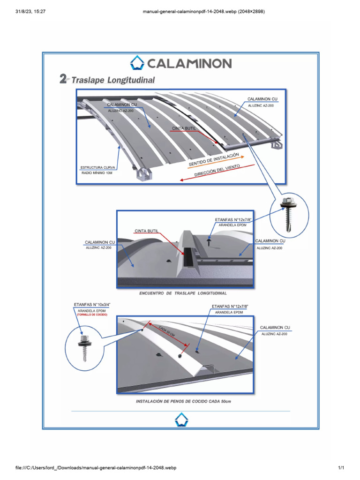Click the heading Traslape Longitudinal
pyautogui.click(x=112, y=80)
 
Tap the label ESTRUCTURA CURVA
pyautogui.click(x=97, y=167)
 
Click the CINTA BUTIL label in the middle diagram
pyautogui.click(x=146, y=231)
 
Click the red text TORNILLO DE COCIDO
pyautogui.click(x=92, y=315)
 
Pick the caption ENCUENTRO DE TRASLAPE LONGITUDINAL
pyautogui.click(x=183, y=293)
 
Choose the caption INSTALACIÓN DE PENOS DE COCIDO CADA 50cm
pyautogui.click(x=183, y=402)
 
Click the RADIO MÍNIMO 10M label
pyautogui.click(x=97, y=173)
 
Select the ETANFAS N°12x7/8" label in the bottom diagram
pyautogui.click(x=230, y=306)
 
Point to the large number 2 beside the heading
pyautogui.click(x=64, y=79)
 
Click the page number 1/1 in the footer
pyautogui.click(x=341, y=468)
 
